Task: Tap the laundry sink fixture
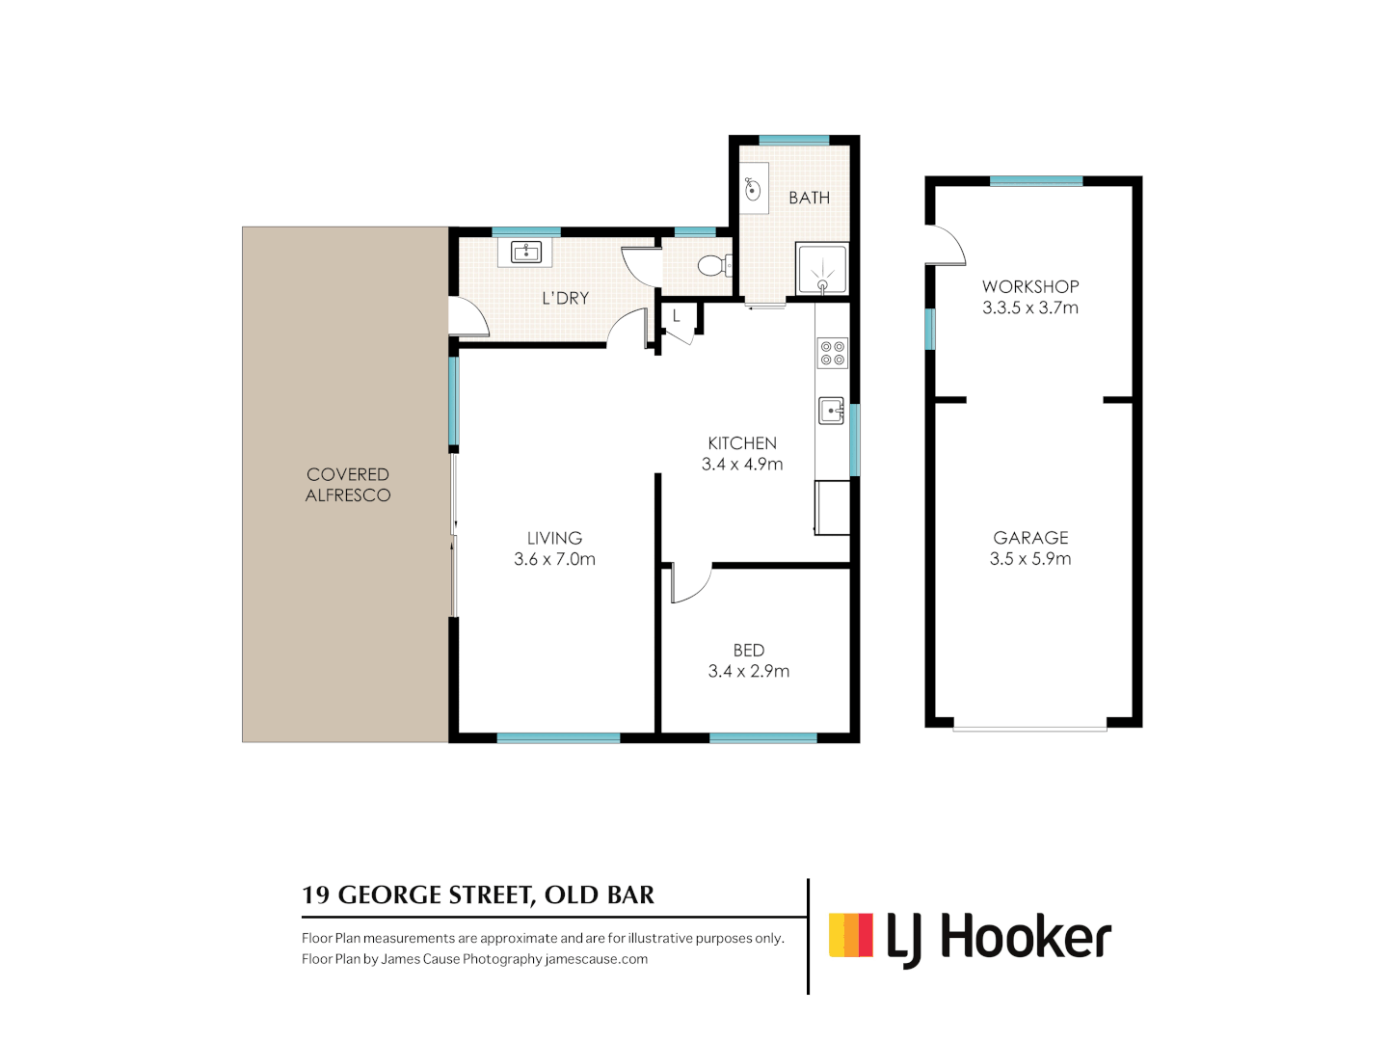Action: coord(525,253)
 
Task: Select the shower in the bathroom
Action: coord(822,268)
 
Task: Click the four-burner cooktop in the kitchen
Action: coord(832,354)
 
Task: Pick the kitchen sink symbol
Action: coord(832,411)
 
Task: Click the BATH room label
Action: coord(809,198)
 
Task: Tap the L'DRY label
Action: coord(565,298)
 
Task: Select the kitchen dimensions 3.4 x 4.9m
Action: coord(742,464)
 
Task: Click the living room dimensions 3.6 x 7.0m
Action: coord(554,559)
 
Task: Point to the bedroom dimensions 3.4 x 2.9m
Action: coord(748,671)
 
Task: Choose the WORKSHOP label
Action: coord(1030,286)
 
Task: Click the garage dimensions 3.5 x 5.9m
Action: coord(1029,558)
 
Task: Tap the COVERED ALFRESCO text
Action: coord(347,485)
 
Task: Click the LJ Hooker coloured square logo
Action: coord(850,935)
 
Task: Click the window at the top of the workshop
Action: coord(1036,181)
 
